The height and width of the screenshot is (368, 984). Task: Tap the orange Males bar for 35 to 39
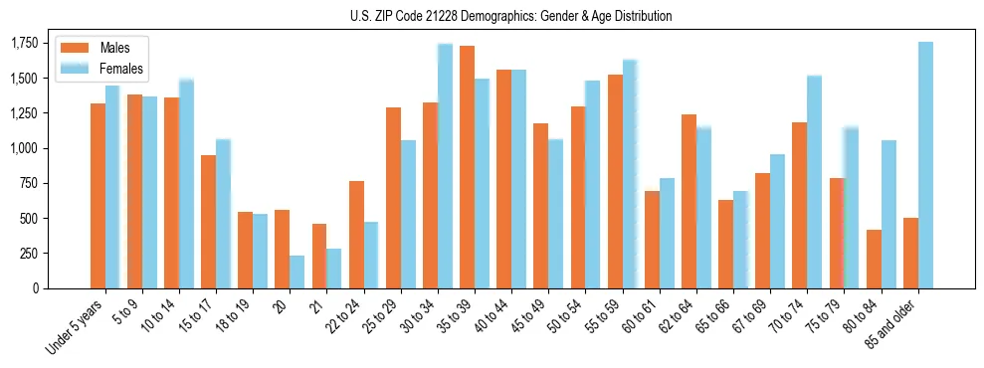[467, 167]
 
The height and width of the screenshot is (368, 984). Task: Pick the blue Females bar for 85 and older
[925, 165]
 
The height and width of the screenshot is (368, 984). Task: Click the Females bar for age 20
[296, 272]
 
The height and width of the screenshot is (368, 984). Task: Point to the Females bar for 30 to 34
[445, 166]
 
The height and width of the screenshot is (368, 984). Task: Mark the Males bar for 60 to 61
[652, 240]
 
